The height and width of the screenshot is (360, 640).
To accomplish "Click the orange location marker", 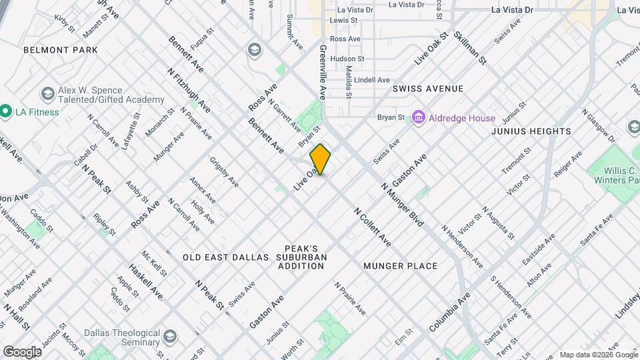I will click(320, 159).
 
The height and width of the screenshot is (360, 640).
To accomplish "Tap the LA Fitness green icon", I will click(7, 111).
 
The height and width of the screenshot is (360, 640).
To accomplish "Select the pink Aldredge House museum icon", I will click(419, 118).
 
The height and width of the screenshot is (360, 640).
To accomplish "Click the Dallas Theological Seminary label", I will click(116, 341).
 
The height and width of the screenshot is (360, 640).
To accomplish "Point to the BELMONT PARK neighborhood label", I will click(60, 50).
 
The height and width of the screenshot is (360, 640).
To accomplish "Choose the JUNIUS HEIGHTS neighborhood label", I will click(531, 131).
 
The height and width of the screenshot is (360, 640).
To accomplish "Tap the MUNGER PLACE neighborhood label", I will click(401, 266).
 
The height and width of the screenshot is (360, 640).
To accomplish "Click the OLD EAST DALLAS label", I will click(226, 257).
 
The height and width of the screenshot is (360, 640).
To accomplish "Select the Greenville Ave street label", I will click(323, 72).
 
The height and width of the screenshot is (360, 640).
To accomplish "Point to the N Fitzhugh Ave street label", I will click(189, 90).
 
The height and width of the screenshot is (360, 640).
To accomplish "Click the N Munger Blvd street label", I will click(403, 205).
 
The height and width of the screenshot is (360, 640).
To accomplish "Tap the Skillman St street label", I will click(470, 48).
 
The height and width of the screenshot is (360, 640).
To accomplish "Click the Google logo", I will click(22, 351).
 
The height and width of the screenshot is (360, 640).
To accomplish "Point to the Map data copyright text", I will click(598, 355).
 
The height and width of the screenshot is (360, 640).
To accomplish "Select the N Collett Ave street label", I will click(372, 227).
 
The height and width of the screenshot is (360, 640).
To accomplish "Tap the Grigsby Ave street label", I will click(224, 171).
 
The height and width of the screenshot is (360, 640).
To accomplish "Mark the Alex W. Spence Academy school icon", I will click(47, 94).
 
